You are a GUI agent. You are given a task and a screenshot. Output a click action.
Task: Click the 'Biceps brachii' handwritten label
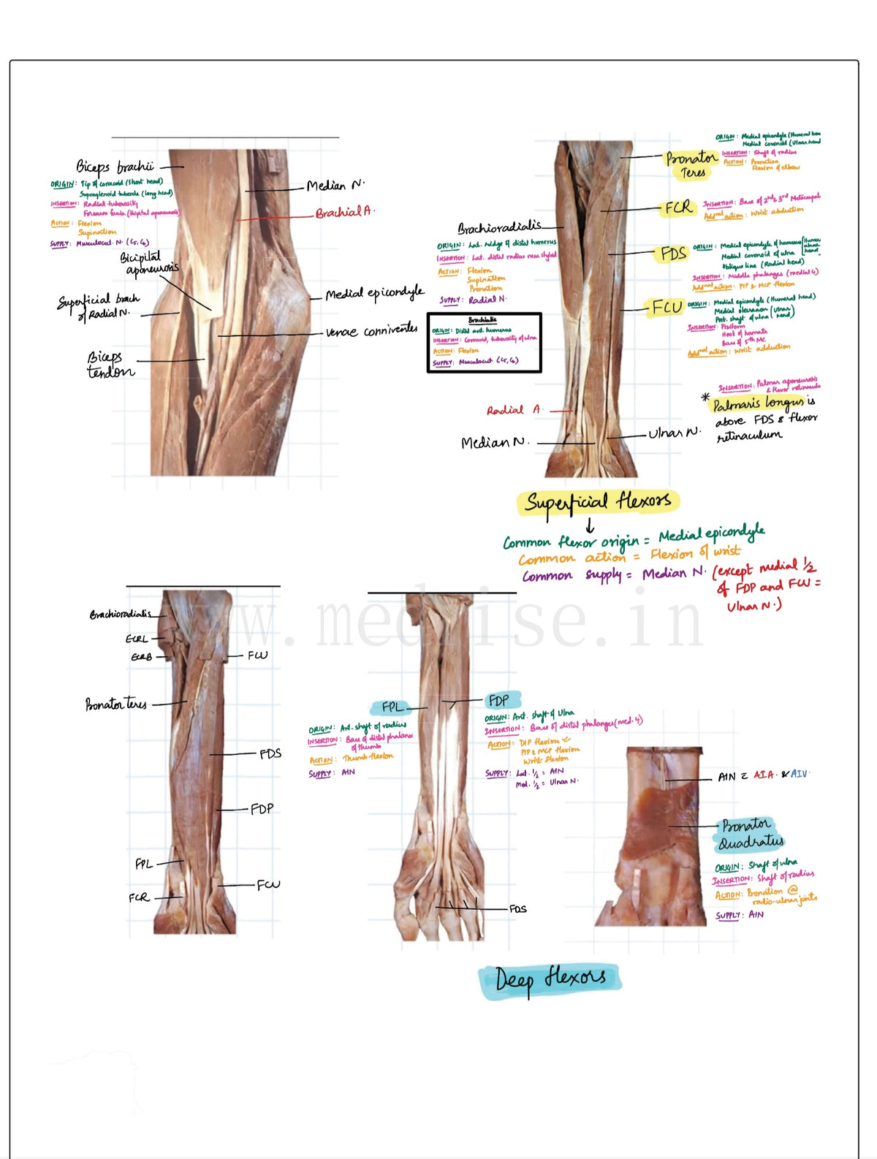click(115, 167)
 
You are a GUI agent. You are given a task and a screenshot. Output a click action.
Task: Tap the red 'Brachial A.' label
click(344, 213)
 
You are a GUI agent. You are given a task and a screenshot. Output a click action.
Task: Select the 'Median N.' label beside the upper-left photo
click(335, 186)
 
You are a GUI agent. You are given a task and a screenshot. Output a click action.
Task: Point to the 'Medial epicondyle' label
click(374, 294)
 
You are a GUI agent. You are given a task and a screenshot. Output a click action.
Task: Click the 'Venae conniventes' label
click(371, 331)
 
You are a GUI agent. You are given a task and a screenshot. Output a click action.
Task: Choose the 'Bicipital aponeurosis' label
click(149, 264)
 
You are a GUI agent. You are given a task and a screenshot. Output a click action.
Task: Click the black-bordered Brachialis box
click(484, 343)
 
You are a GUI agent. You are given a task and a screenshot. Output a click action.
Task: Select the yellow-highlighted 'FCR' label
click(678, 208)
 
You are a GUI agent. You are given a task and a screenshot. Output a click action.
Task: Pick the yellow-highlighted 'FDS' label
click(673, 254)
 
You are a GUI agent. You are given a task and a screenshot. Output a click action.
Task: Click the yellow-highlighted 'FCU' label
click(667, 308)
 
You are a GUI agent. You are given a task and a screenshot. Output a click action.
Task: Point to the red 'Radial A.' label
click(515, 411)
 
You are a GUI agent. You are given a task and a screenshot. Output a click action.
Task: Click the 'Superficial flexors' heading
click(598, 502)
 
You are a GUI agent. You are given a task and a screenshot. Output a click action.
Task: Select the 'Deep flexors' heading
click(550, 979)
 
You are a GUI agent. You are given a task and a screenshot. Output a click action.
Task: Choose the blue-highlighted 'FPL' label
click(392, 707)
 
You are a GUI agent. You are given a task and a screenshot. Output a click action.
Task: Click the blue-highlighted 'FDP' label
click(499, 701)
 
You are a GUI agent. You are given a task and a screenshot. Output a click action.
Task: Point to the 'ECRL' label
click(137, 639)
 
